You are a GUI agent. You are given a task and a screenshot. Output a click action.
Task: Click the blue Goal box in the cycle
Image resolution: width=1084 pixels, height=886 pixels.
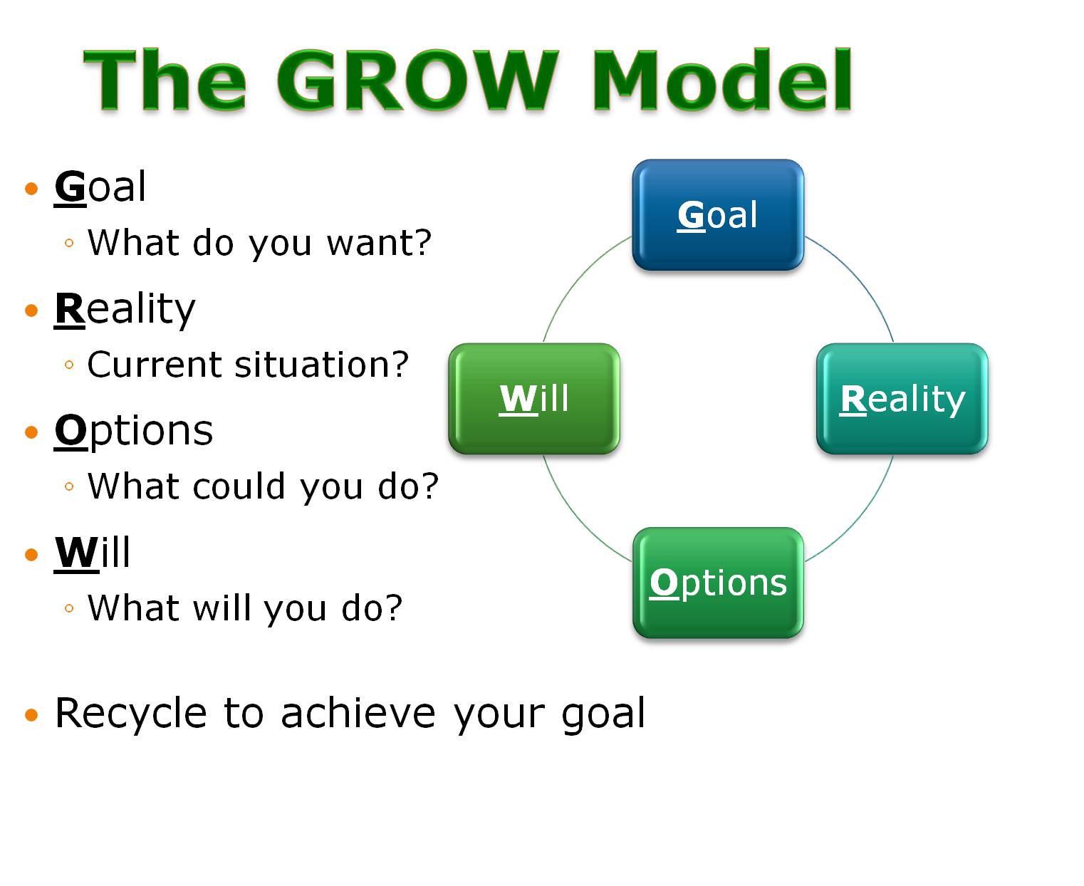click(x=718, y=214)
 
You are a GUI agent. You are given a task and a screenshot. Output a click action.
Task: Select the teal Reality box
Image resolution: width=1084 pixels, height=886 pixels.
click(x=902, y=398)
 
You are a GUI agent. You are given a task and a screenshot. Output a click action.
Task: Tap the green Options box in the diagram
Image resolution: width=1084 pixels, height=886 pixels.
click(x=718, y=583)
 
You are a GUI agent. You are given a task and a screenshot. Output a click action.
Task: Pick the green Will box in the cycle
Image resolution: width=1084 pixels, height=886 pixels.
click(x=534, y=398)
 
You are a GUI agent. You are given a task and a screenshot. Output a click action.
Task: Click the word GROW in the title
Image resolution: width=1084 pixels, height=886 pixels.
click(x=417, y=80)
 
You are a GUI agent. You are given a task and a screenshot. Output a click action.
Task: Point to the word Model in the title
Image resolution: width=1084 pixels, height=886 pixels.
click(x=721, y=80)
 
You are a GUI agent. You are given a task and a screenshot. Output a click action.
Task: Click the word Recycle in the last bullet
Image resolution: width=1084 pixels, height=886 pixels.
click(x=131, y=714)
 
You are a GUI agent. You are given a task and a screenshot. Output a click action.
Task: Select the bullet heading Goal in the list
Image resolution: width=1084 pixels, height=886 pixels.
click(x=100, y=187)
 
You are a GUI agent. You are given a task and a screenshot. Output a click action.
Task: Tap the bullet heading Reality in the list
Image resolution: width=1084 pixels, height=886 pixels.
click(x=125, y=309)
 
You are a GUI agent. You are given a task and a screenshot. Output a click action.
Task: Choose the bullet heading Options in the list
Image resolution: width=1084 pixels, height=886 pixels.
click(x=134, y=431)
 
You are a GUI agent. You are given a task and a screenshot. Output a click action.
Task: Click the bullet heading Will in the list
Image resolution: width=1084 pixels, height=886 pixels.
click(x=93, y=553)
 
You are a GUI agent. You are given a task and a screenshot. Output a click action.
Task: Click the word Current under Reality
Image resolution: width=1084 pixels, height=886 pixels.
click(x=155, y=365)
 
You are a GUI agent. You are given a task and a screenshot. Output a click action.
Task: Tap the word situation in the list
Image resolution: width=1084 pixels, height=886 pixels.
click(x=322, y=365)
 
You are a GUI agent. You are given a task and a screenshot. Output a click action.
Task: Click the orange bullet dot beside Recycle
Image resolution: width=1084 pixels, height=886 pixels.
click(x=31, y=715)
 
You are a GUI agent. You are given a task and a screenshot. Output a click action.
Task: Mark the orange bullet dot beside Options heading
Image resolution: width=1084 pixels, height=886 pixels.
click(x=31, y=432)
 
